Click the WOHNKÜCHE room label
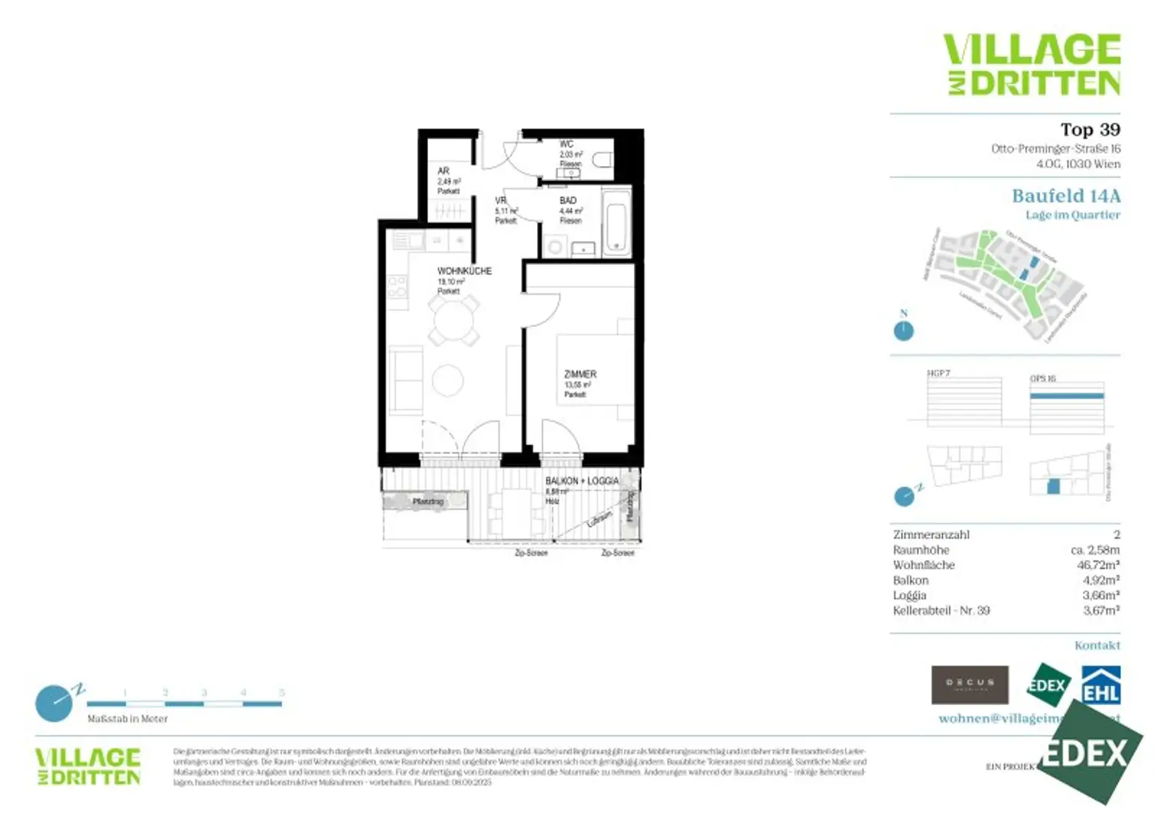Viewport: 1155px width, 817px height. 464,271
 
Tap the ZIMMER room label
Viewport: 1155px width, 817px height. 580,374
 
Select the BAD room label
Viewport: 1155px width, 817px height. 568,201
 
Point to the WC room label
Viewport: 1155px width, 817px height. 566,144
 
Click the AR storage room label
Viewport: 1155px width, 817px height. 444,171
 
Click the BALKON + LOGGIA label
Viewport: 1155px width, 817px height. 582,481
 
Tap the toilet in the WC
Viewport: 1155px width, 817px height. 603,160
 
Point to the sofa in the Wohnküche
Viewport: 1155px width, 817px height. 405,380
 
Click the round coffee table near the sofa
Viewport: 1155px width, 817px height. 447,380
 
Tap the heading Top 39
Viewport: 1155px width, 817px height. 1090,130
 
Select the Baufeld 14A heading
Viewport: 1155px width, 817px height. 1066,196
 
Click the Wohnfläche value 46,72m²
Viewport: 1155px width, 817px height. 1098,565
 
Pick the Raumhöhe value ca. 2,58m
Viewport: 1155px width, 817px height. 1095,550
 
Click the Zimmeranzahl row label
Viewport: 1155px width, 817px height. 931,535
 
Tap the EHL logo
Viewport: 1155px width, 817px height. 1101,685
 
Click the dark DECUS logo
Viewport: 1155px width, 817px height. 969,685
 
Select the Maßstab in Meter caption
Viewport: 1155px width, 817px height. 127,719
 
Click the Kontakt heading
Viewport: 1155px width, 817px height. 1097,646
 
